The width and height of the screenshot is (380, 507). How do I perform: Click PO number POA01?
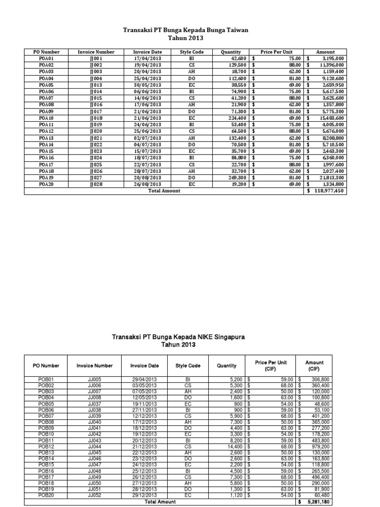[47, 58]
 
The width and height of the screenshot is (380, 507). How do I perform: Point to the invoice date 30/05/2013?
[147, 85]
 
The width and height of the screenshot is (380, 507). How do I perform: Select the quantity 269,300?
[236, 178]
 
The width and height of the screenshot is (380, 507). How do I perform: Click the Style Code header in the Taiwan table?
[191, 52]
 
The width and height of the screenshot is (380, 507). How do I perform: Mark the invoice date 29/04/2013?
[144, 379]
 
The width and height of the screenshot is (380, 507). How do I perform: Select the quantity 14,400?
[233, 447]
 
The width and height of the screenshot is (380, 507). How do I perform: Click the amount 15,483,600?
[329, 118]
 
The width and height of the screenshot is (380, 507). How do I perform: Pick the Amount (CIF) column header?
[315, 365]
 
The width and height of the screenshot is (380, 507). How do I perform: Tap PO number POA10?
[47, 118]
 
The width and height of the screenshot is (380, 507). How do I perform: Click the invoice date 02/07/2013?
[147, 138]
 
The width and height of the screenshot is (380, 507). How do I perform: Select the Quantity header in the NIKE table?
[226, 366]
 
